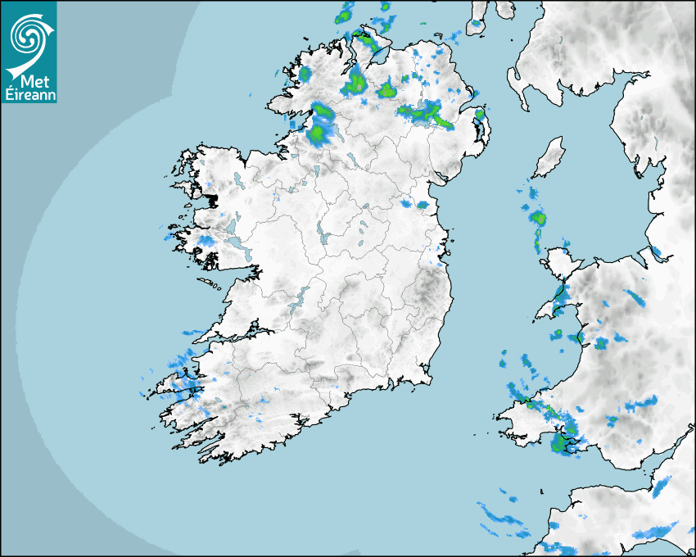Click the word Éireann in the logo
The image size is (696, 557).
(29, 94)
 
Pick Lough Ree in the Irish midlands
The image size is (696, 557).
(322, 235)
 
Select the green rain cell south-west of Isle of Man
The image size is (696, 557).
(537, 218)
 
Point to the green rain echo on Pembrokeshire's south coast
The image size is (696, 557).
(560, 445)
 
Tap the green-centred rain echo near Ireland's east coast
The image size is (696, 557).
(423, 205)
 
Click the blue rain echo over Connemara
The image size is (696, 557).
(205, 241)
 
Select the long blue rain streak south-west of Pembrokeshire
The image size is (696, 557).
(500, 517)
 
